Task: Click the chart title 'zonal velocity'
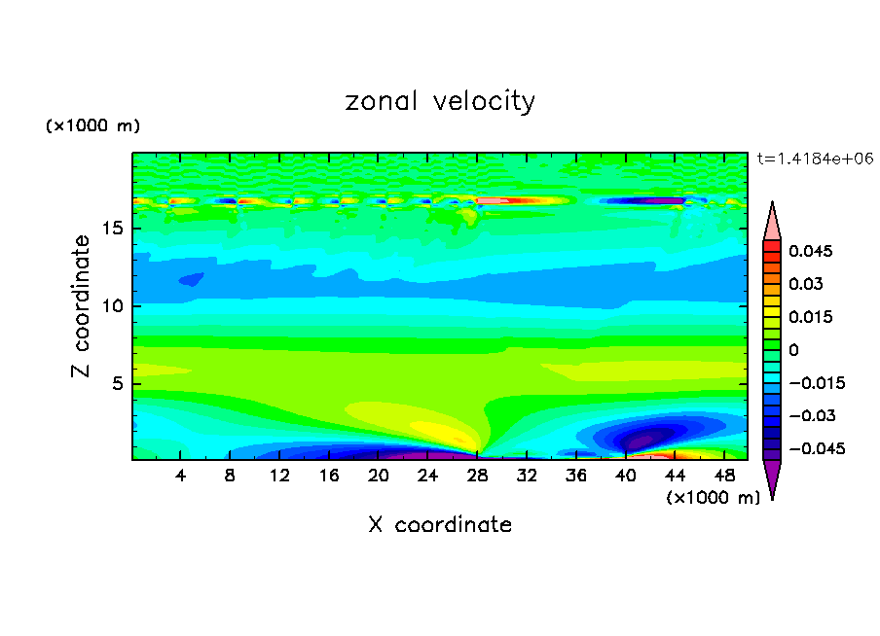(x=440, y=101)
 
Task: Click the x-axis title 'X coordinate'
(x=440, y=525)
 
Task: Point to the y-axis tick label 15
(x=111, y=230)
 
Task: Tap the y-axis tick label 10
(x=111, y=306)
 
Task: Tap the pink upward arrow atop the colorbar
(x=772, y=221)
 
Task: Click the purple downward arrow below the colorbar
(x=772, y=477)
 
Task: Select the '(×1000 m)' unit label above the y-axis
(x=92, y=126)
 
